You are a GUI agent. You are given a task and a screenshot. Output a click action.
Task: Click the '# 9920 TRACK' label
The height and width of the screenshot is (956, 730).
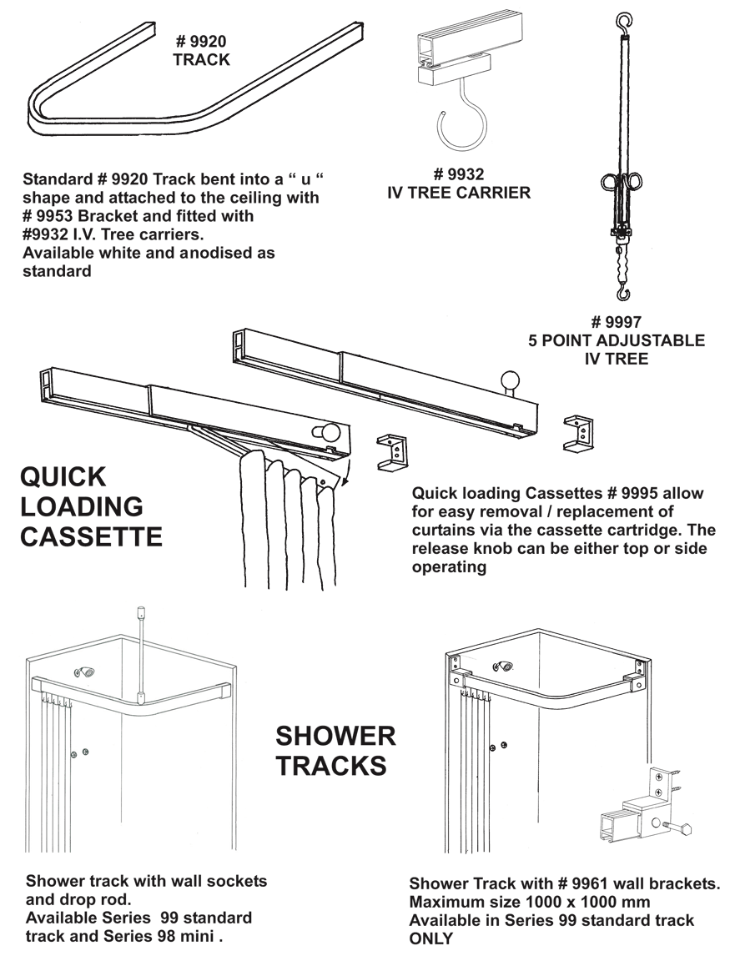tap(201, 49)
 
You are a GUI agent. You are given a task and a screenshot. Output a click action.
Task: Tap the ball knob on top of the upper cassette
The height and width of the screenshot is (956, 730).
tap(511, 382)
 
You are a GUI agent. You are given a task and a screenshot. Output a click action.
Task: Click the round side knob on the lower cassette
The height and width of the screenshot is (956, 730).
tap(327, 433)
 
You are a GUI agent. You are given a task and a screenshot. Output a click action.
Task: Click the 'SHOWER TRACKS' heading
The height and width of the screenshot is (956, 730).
tap(335, 750)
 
